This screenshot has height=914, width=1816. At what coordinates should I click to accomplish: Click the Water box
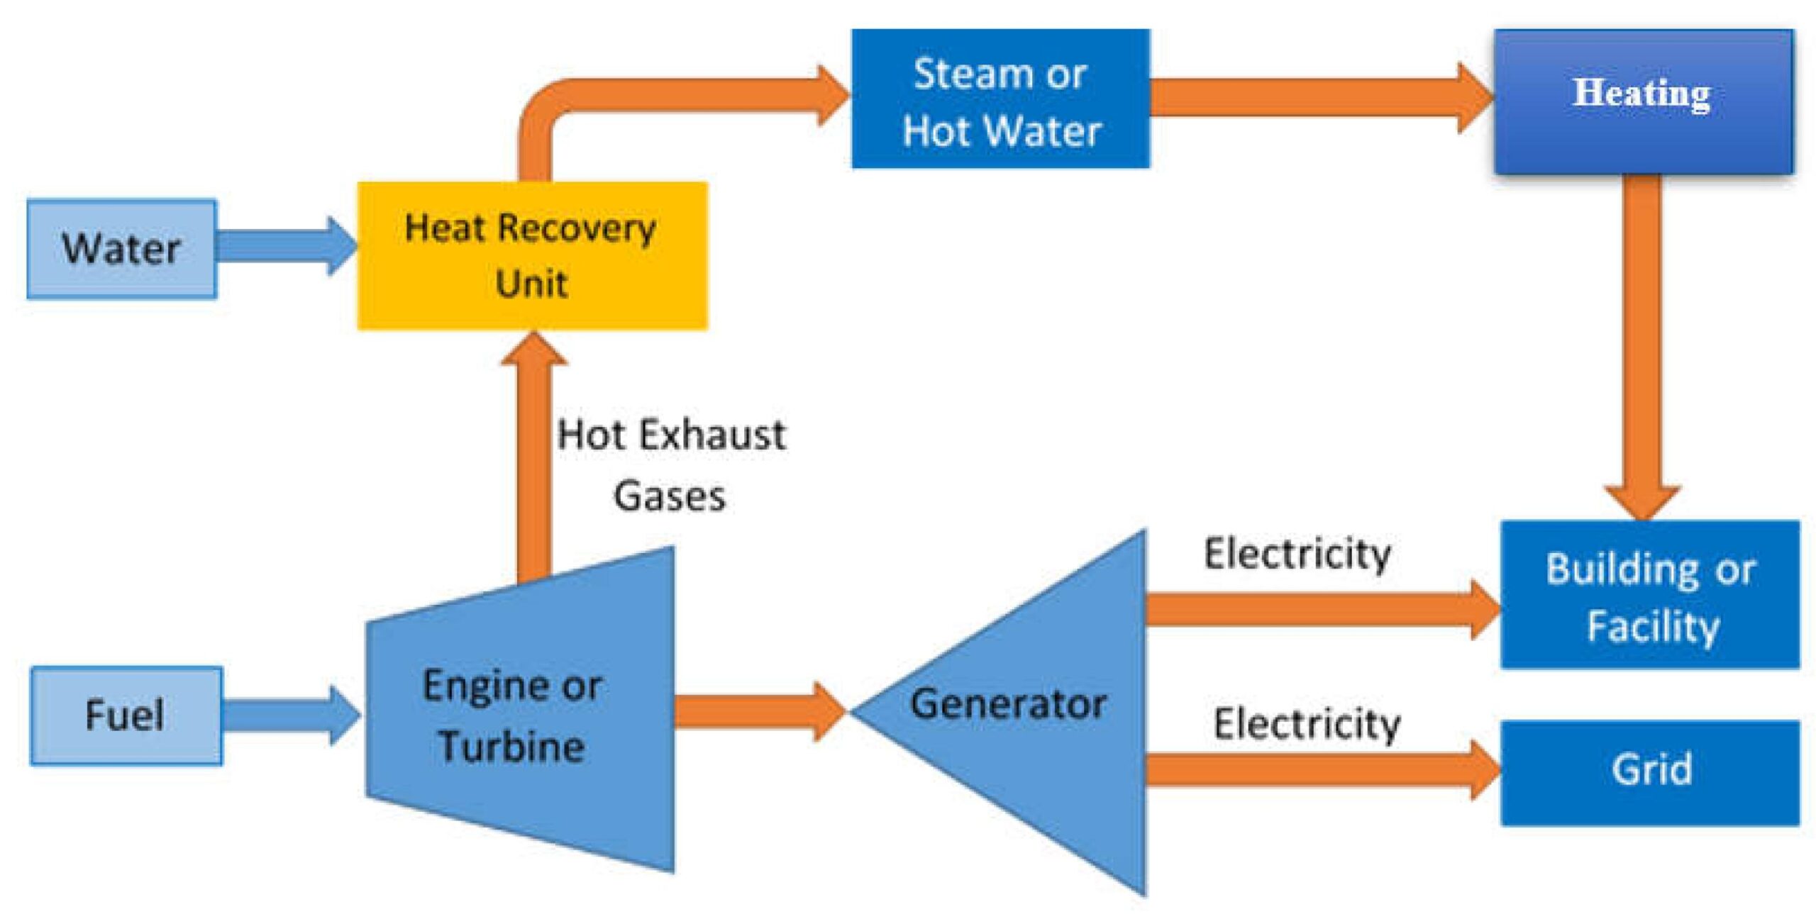click(121, 249)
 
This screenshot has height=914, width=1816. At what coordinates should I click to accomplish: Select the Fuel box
click(126, 715)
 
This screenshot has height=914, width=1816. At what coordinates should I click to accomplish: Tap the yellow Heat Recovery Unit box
click(532, 256)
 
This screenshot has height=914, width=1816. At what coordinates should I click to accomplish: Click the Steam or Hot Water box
click(1000, 99)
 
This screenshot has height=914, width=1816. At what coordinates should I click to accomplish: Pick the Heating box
click(1643, 101)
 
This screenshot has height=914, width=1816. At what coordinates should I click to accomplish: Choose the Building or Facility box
click(1650, 595)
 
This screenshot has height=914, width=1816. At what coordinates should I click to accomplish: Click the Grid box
click(1650, 773)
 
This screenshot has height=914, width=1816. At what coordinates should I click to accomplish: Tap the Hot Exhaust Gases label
click(670, 464)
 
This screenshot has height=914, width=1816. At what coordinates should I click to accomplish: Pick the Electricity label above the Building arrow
click(1297, 554)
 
